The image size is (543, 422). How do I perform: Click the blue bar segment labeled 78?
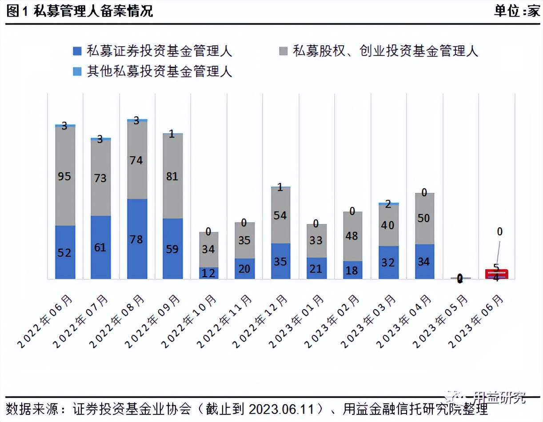137,239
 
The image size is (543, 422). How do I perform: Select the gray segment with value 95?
65,176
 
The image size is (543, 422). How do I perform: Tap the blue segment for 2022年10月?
209,273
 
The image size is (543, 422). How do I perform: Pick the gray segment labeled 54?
280,215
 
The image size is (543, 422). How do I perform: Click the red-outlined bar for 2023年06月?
496,274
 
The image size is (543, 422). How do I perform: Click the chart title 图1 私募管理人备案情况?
80,12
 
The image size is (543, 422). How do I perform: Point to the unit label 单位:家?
517,12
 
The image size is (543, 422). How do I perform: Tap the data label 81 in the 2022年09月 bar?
172,176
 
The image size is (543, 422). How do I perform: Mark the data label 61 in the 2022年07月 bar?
100,247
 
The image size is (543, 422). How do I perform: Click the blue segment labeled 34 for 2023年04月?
424,262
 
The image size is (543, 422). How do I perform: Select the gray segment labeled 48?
352,236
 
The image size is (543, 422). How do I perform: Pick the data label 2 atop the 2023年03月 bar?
388,204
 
